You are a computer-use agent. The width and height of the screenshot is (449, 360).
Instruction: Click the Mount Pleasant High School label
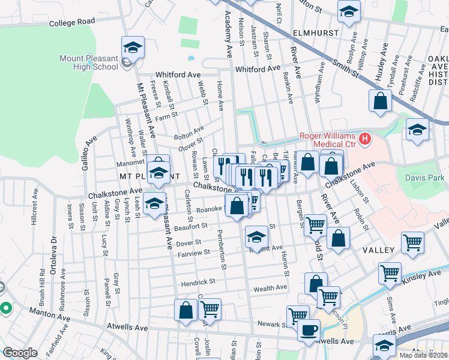[88, 62]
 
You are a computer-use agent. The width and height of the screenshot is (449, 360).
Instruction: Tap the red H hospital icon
[364, 140]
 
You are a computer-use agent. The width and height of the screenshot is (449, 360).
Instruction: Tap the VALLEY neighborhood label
[378, 250]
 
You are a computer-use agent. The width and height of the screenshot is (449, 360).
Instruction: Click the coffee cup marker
[309, 331]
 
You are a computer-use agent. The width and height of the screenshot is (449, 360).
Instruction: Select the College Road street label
[73, 22]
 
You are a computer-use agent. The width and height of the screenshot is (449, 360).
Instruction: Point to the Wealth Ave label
[270, 289]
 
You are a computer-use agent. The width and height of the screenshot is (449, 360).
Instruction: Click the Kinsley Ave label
[426, 275]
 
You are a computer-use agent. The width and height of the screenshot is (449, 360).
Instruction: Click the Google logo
[20, 353]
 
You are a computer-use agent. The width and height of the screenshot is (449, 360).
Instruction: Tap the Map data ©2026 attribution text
[423, 355]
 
